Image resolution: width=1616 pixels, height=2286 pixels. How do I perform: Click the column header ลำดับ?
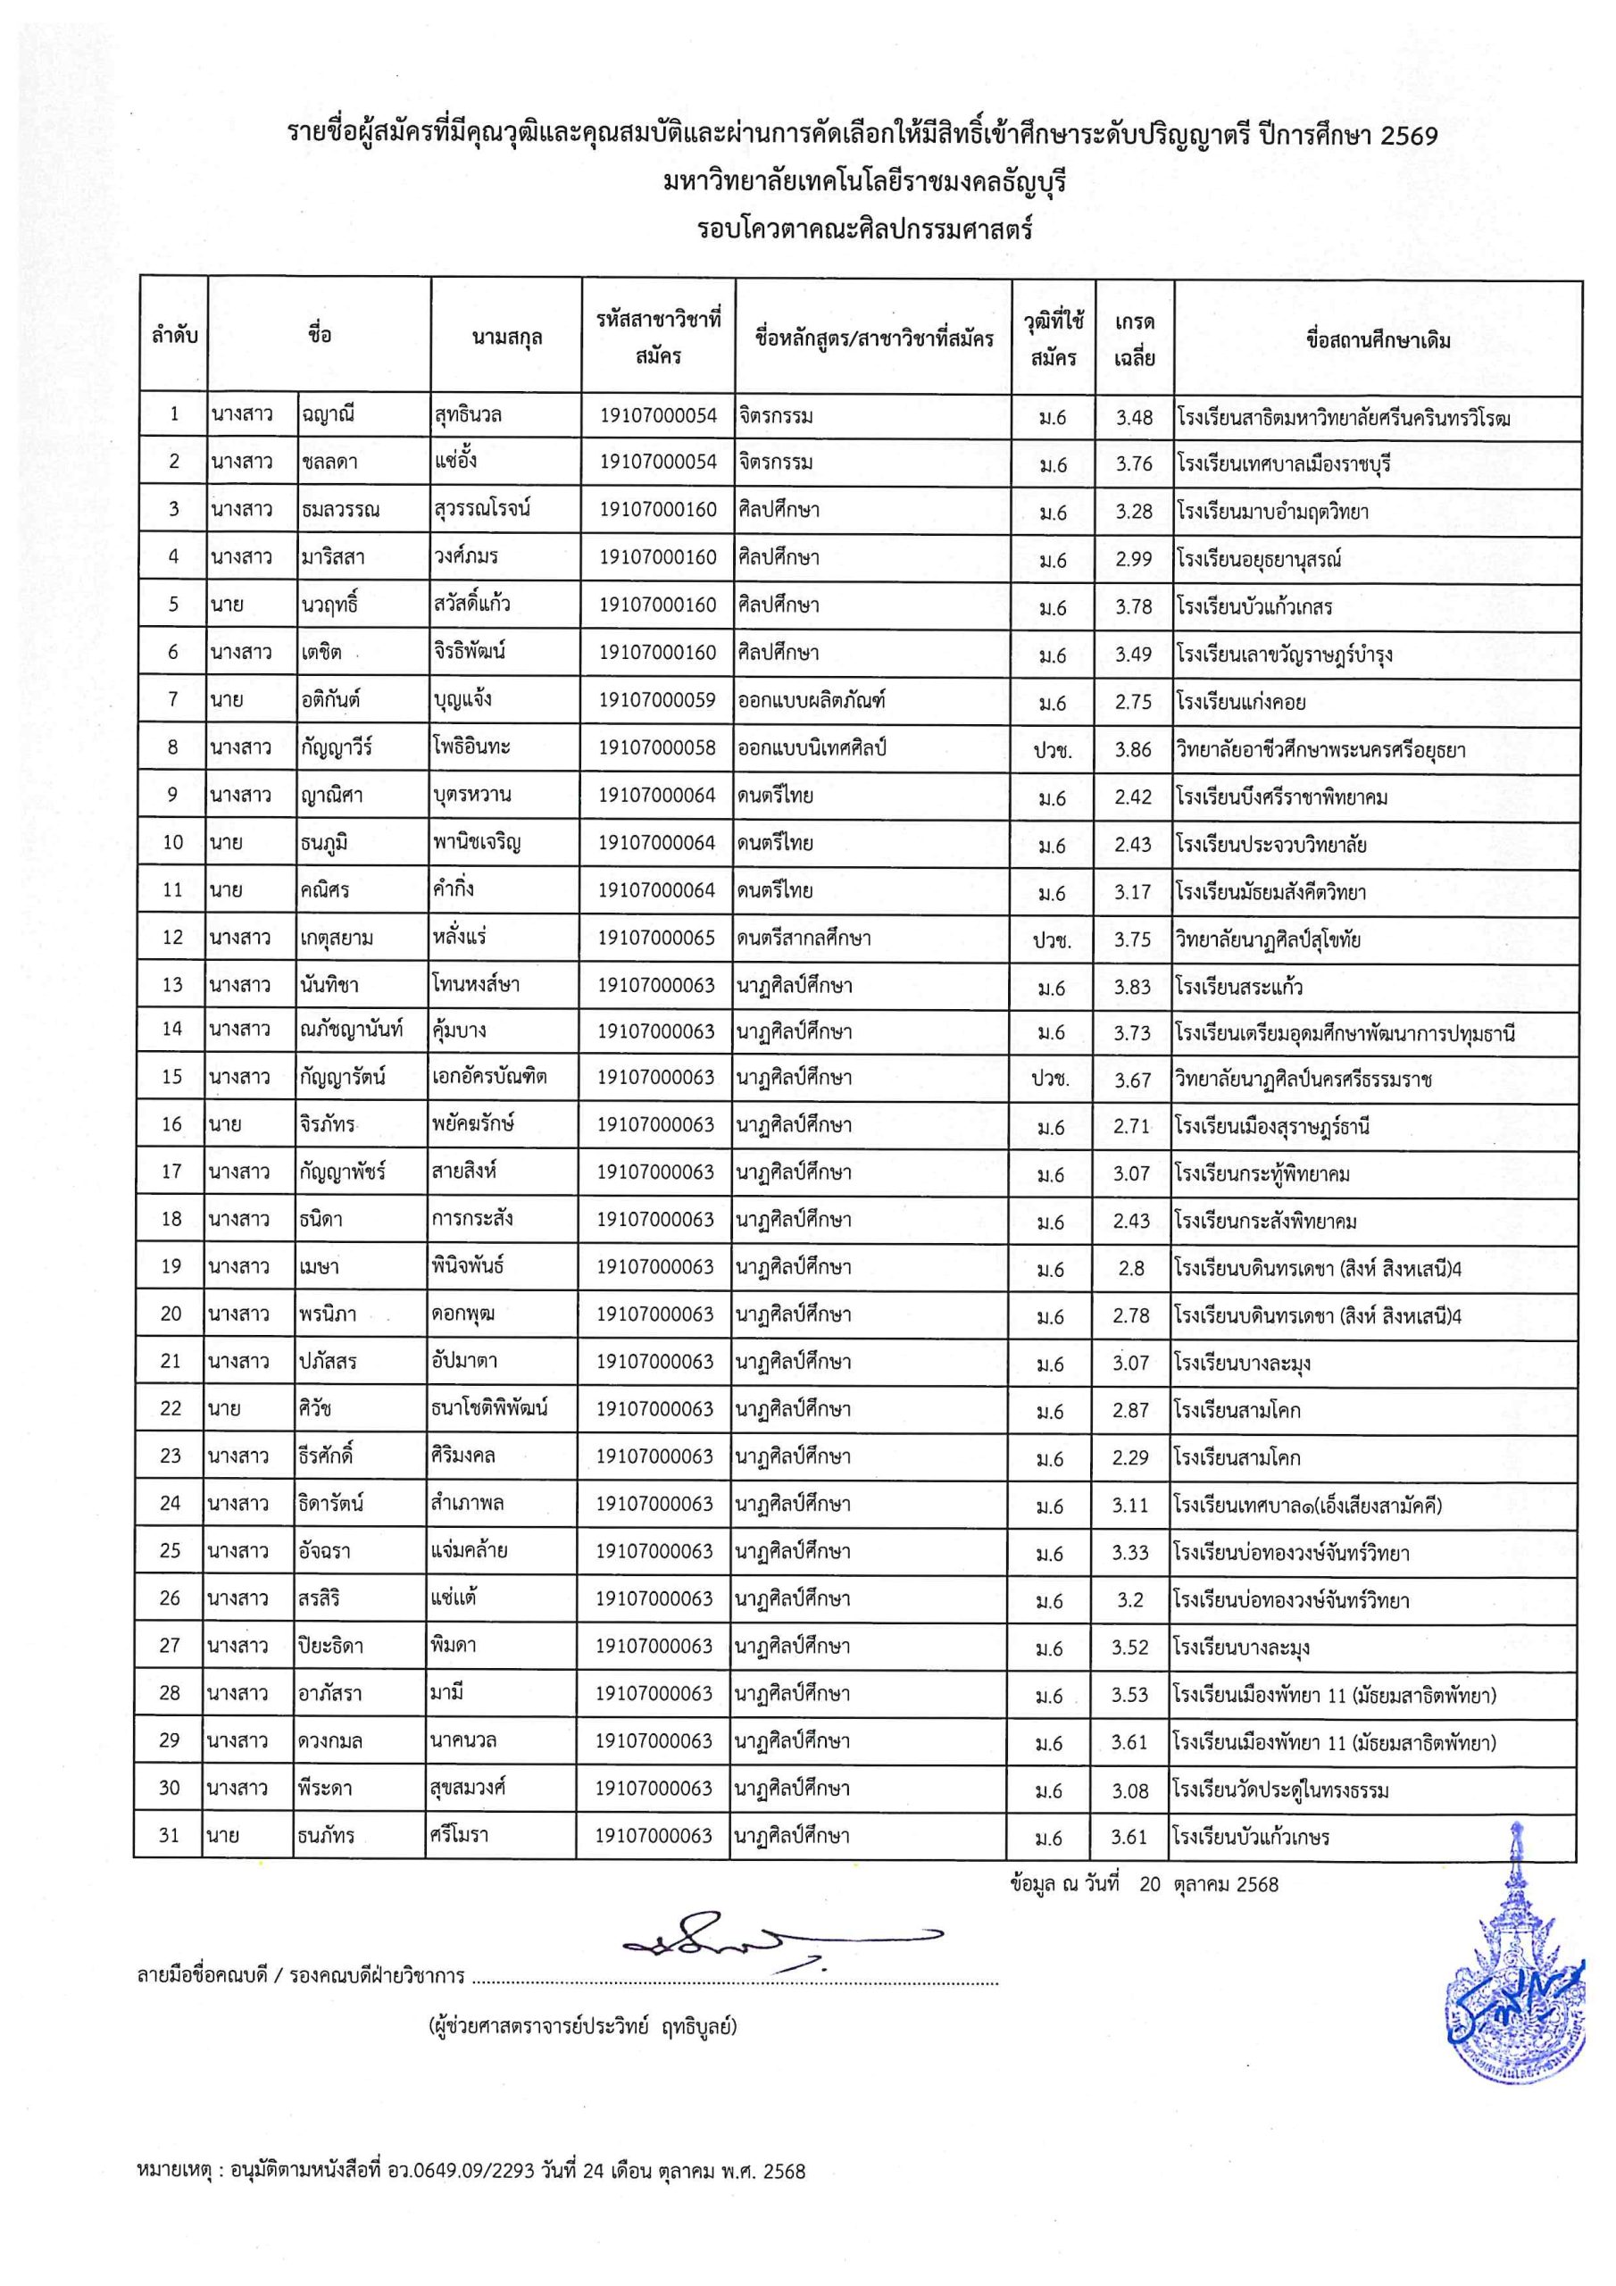[174, 336]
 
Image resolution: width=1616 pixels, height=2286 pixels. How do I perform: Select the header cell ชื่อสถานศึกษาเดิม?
[1377, 340]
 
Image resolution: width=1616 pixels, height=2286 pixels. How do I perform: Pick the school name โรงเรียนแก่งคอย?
[1239, 702]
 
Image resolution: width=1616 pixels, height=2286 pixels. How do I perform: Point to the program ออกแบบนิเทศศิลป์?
[812, 747]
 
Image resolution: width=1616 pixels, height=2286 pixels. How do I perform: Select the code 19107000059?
[657, 700]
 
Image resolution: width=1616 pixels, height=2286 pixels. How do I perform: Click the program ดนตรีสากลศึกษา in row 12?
[804, 938]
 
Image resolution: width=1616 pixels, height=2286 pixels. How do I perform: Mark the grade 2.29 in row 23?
[1130, 1457]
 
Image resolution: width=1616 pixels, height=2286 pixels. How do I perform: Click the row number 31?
[170, 1835]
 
